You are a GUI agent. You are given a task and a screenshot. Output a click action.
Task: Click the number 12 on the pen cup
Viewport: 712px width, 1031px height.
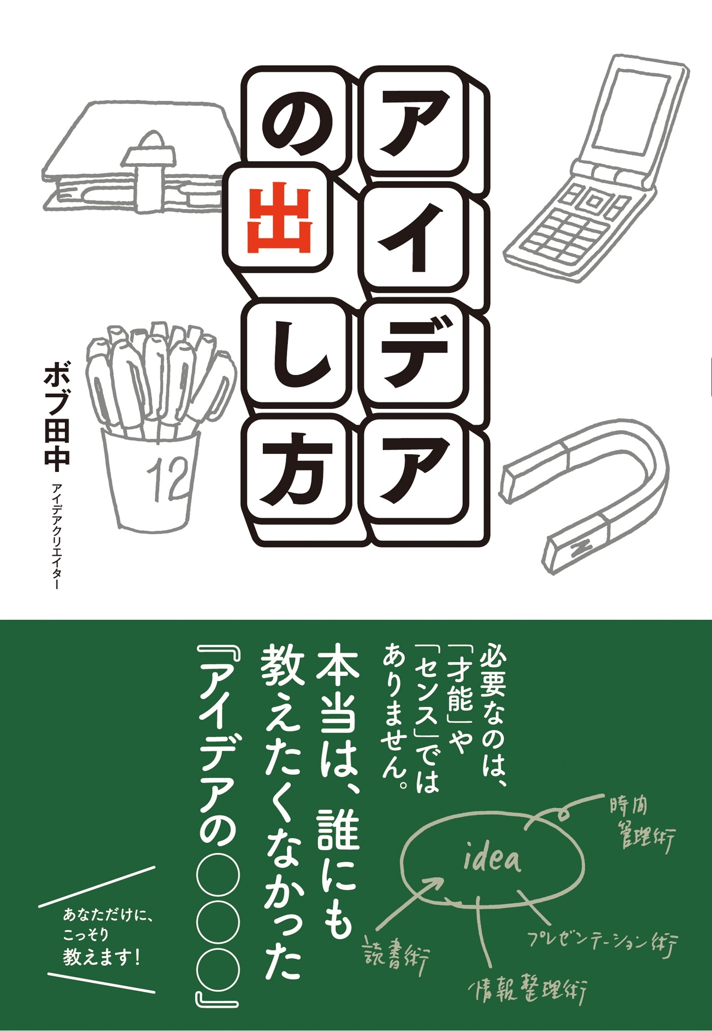(x=167, y=478)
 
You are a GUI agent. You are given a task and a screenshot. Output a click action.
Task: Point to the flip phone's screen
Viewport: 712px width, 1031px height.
(x=631, y=110)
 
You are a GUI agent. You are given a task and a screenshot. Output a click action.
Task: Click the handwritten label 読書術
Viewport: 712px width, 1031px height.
(x=397, y=956)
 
